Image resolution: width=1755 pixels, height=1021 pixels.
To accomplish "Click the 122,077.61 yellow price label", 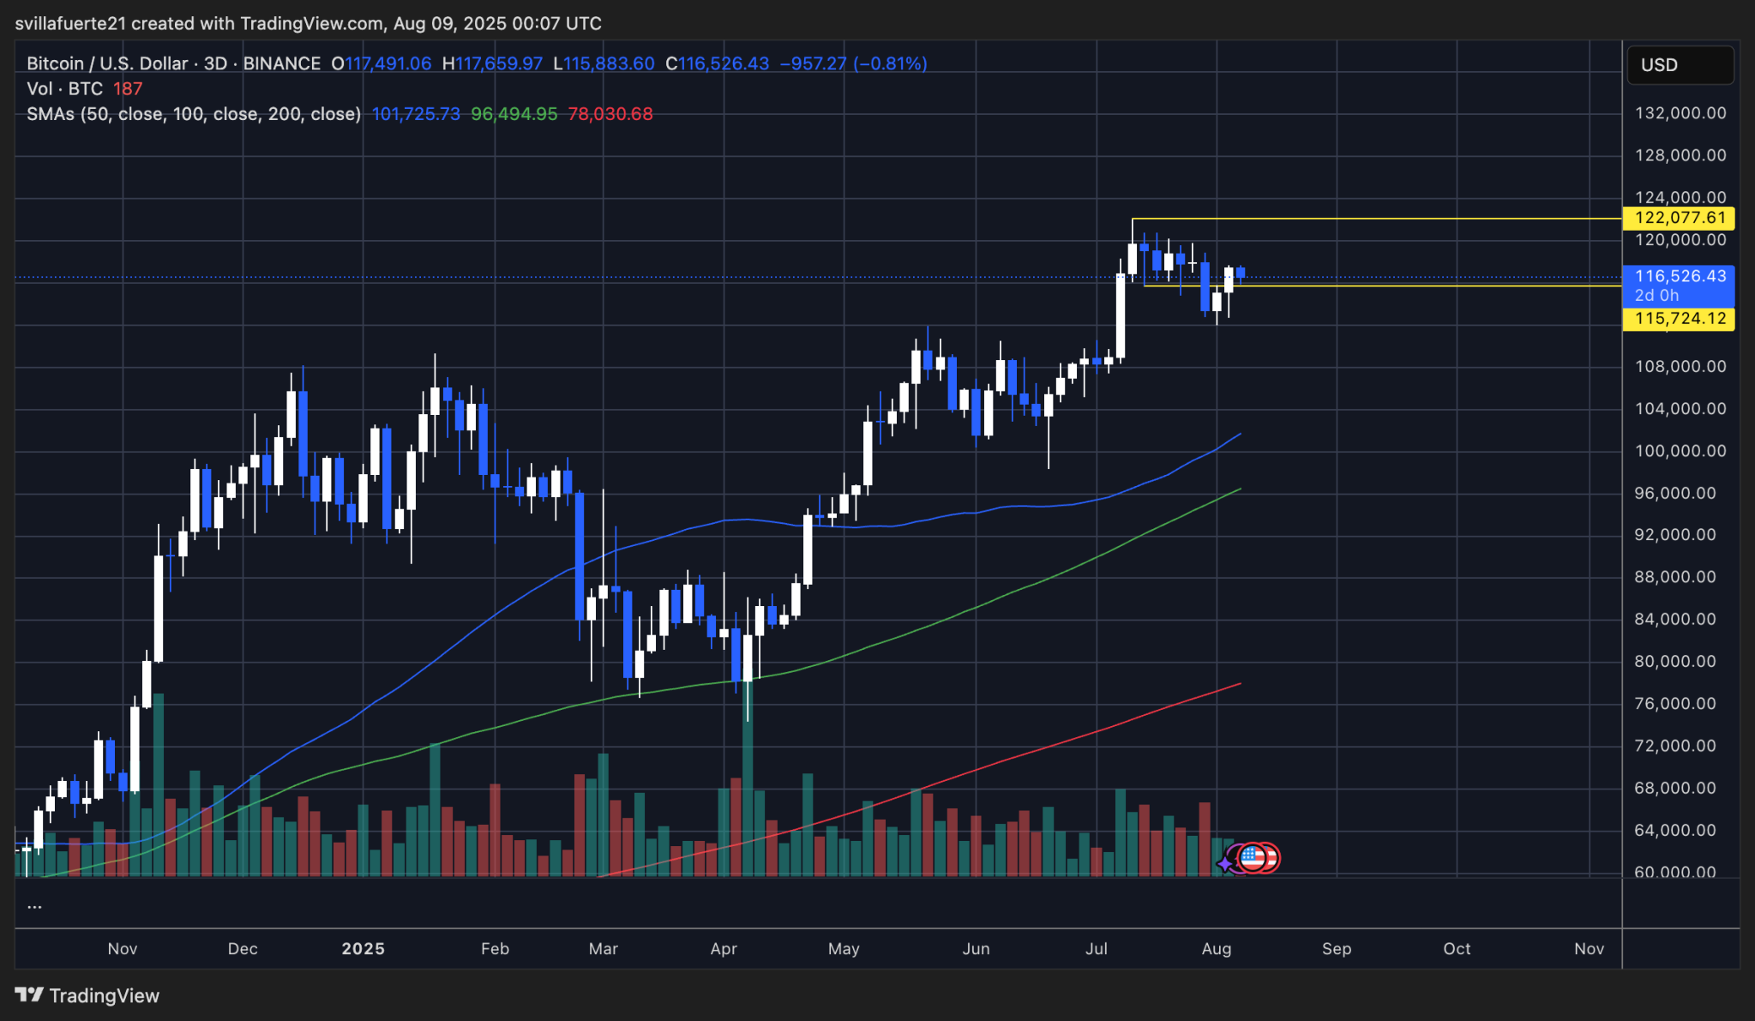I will (x=1679, y=218).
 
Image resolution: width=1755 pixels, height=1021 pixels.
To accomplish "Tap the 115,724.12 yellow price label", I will (x=1679, y=319).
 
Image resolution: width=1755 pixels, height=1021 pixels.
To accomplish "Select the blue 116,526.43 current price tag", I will (x=1679, y=277).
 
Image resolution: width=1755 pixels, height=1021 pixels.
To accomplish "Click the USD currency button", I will (x=1680, y=65).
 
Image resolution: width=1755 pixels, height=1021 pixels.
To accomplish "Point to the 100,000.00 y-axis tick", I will (x=1680, y=451).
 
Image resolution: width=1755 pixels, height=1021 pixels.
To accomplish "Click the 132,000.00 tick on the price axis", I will (x=1680, y=113).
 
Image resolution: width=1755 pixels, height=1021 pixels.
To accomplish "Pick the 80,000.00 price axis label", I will (x=1680, y=662).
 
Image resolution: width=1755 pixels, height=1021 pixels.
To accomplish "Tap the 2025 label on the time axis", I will (x=363, y=949).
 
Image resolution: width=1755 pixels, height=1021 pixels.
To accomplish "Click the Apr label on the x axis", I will (x=724, y=949).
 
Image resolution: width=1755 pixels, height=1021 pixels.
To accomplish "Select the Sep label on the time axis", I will (x=1337, y=949).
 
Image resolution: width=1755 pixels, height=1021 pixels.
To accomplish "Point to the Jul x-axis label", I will (x=1096, y=949).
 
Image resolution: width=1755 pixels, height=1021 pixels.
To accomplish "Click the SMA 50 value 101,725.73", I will (x=416, y=114).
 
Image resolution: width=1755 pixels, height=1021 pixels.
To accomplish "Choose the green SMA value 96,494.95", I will (x=514, y=114).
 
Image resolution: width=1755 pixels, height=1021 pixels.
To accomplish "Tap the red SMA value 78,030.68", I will (x=610, y=114).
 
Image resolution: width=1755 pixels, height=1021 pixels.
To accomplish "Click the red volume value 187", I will (x=128, y=89).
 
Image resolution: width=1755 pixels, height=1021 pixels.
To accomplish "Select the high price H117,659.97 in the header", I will (x=492, y=63).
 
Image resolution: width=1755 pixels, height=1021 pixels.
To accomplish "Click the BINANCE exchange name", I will (x=282, y=63).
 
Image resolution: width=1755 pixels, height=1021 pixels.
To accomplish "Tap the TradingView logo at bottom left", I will (x=87, y=995).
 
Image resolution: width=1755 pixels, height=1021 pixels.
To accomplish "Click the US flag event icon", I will (x=1253, y=856).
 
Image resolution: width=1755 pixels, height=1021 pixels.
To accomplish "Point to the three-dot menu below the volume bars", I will (x=35, y=906).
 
